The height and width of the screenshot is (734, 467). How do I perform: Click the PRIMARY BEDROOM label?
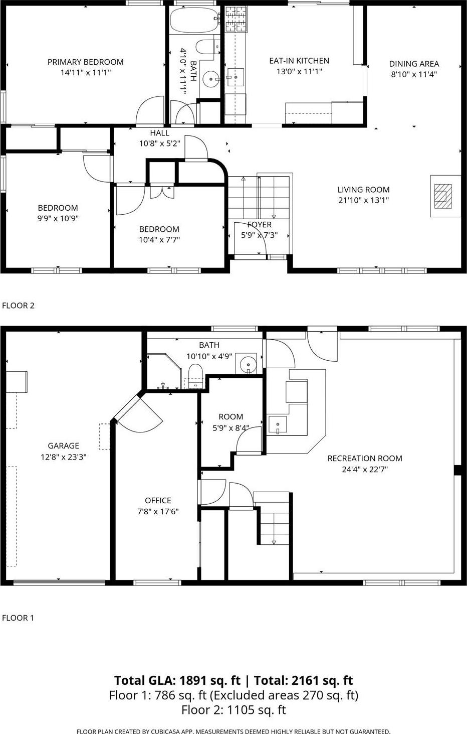pos(85,62)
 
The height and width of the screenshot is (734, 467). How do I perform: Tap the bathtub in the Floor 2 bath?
pos(194,20)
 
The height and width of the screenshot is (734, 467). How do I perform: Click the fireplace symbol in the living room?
pos(442,196)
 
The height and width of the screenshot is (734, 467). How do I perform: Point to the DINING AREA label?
pos(414,64)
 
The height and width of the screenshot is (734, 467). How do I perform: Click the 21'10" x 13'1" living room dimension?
pos(363,200)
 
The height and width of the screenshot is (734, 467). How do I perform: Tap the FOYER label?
pos(259,225)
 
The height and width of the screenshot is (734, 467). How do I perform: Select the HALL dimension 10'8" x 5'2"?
pos(159,143)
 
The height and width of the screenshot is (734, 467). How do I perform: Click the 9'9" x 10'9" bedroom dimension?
pos(58,218)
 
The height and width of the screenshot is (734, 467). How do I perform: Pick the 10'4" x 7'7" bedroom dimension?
pos(159,240)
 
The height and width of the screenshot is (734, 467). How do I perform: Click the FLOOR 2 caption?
pos(19,306)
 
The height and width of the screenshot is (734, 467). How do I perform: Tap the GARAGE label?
pos(64,446)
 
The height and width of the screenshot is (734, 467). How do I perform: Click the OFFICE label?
pos(158,500)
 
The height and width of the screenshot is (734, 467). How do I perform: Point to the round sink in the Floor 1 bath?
pos(248,363)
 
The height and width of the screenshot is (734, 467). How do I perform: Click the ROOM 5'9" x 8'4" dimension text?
pos(231,428)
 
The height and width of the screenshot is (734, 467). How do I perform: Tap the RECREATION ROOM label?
pos(365,458)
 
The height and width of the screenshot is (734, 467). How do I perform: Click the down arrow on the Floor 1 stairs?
pos(274,541)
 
